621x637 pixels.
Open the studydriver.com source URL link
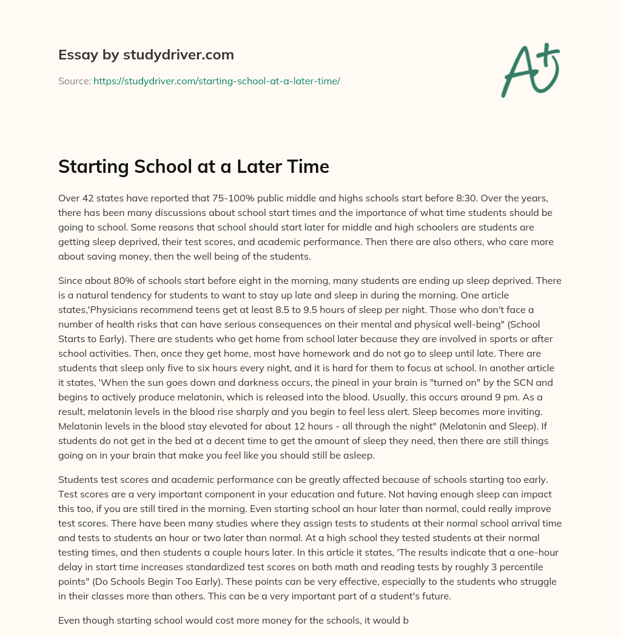[x=217, y=81]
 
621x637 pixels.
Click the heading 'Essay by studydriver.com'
[x=146, y=55]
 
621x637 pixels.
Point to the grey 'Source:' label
[x=75, y=81]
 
